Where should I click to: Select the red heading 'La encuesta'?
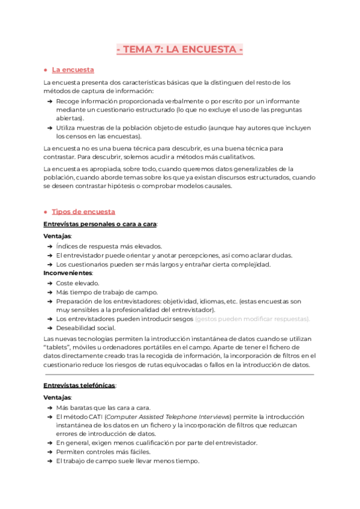pos(73,70)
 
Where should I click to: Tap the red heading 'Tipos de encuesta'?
pos(83,211)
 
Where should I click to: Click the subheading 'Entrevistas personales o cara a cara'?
pos(100,224)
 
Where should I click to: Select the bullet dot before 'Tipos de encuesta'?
pos(46,212)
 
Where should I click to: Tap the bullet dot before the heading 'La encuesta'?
pos(46,70)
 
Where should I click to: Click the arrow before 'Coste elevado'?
pos(49,283)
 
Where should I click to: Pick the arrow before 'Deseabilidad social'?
pos(49,328)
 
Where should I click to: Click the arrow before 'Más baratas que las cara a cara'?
pos(49,407)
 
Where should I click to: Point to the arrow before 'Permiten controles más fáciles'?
pos(49,452)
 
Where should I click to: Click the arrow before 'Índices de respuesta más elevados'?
pos(49,246)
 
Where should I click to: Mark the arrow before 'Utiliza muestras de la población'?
pos(49,128)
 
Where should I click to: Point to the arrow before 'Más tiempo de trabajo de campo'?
pos(49,292)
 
